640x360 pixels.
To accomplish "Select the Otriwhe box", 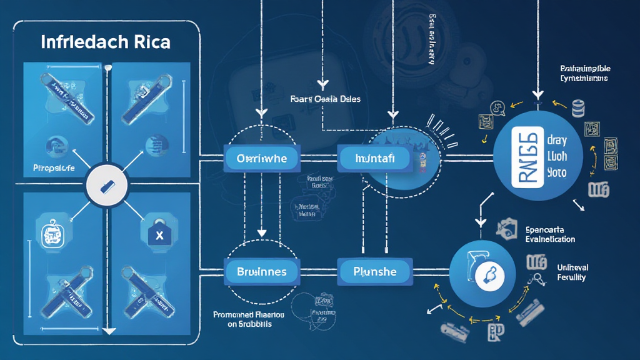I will click(x=262, y=158).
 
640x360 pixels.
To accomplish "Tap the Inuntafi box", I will click(x=374, y=158).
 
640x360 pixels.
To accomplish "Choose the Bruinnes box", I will click(x=262, y=272).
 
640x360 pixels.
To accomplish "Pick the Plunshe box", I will click(x=374, y=272).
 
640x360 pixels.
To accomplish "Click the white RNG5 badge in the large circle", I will click(x=527, y=156).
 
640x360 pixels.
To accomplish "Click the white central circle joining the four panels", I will click(x=106, y=185).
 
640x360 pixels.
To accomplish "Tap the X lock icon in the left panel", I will click(x=159, y=236).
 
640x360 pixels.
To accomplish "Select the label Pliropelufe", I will click(x=53, y=169).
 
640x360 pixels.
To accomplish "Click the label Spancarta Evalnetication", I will click(x=550, y=234).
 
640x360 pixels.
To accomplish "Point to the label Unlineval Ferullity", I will click(x=572, y=272).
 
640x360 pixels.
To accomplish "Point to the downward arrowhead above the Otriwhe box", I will click(x=262, y=113).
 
